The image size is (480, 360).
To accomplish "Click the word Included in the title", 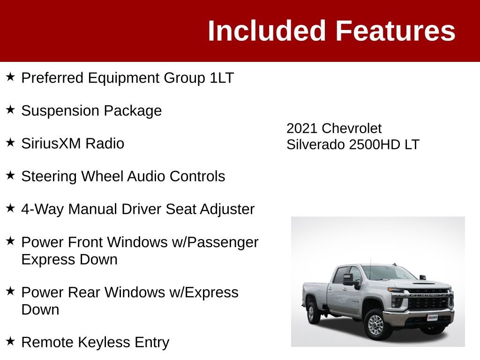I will coord(267,31).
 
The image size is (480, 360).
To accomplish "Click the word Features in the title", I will coord(395,31).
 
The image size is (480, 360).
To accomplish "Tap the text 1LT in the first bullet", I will coord(221,78).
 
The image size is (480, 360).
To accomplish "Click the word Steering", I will coord(49,177).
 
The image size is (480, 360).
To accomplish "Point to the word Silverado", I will coord(316,144).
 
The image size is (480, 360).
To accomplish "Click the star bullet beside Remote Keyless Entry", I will coord(11,341).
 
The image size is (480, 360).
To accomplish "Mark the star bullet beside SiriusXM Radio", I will coord(11,142).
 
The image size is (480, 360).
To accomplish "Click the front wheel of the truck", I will coord(375,324).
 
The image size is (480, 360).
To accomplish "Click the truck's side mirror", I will coord(351,280).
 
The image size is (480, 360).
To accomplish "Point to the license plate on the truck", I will coord(432,318).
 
